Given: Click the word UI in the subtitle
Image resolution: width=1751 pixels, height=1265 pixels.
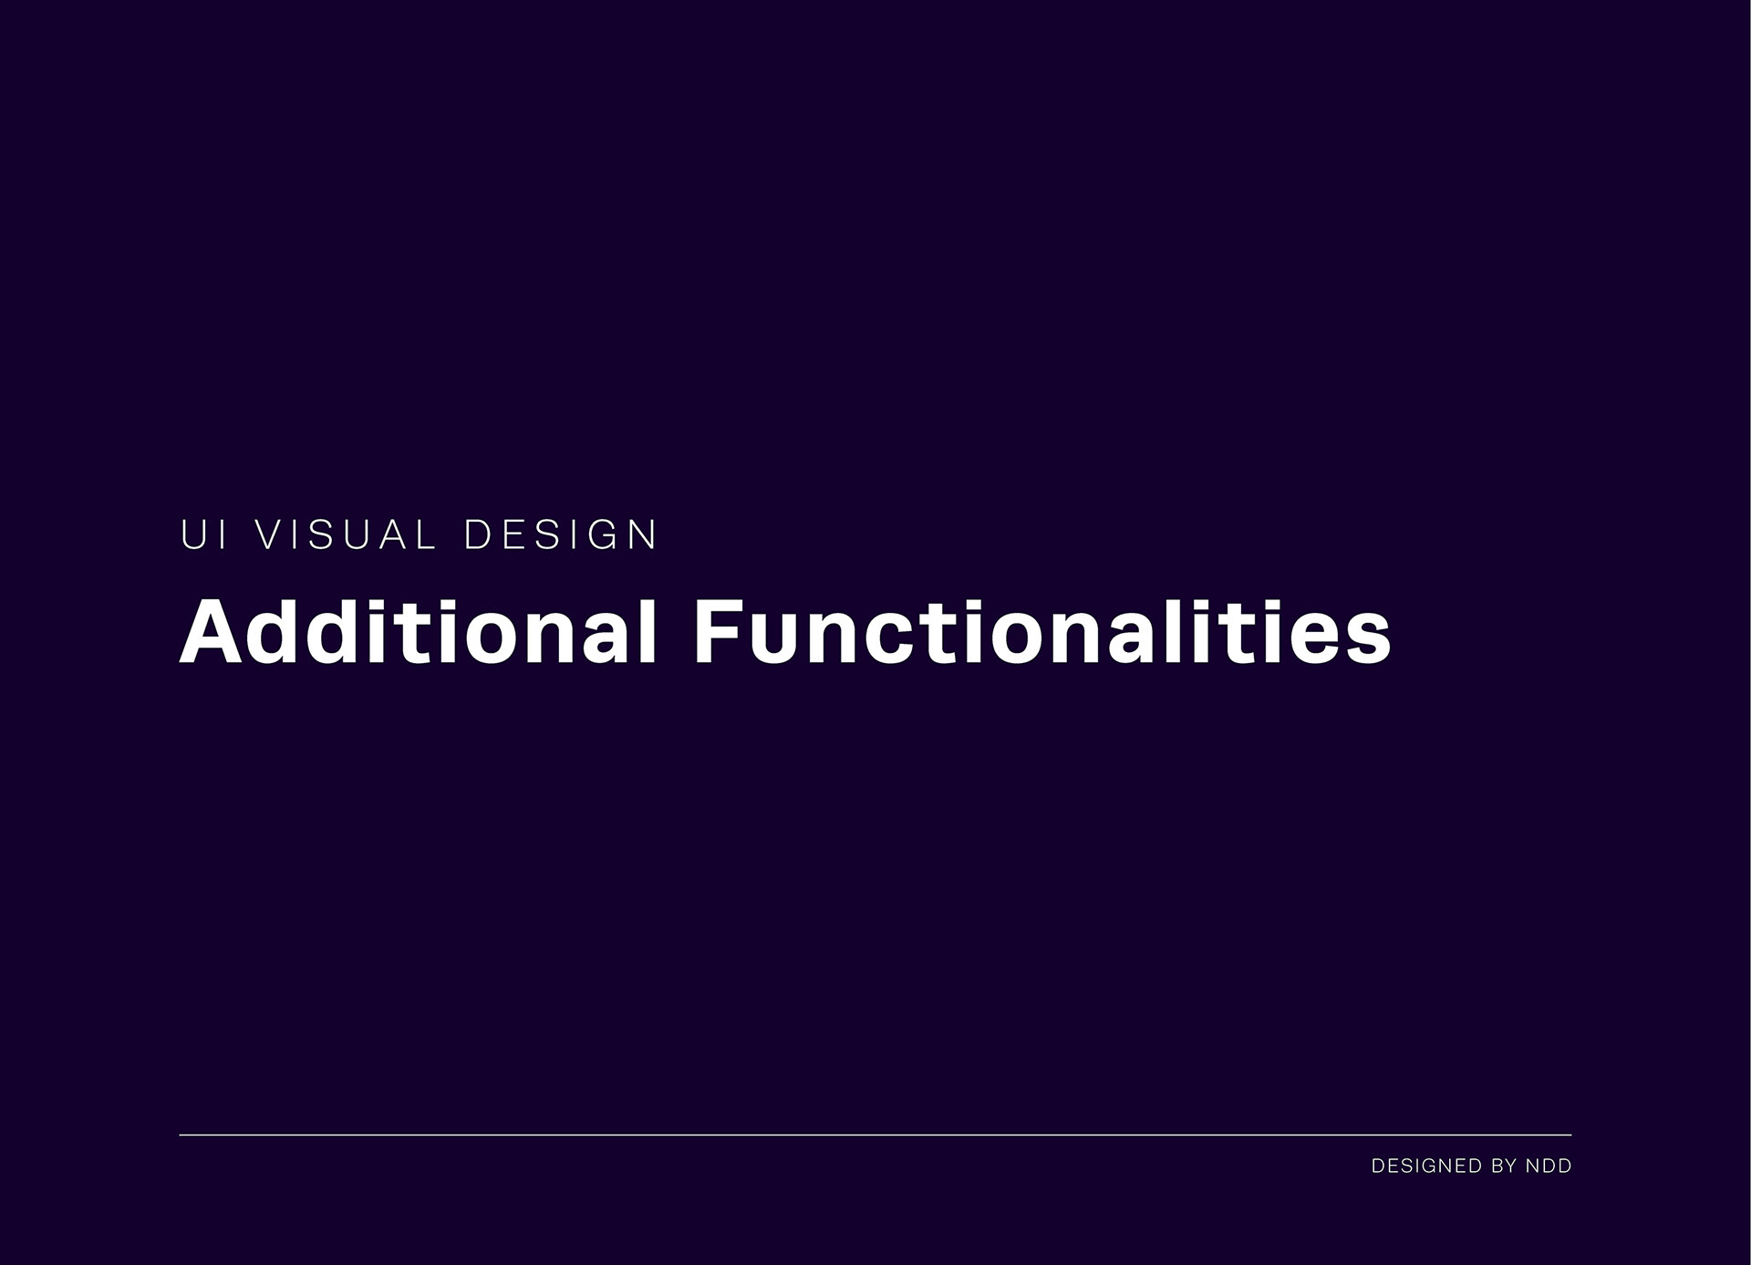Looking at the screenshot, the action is pyautogui.click(x=203, y=534).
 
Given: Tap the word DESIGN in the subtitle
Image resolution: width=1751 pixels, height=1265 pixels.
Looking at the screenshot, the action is pyautogui.click(x=561, y=534).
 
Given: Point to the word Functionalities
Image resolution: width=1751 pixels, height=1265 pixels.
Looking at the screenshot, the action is pyautogui.click(x=1042, y=631).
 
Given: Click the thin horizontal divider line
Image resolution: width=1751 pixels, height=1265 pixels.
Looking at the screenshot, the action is pyautogui.click(x=875, y=1135).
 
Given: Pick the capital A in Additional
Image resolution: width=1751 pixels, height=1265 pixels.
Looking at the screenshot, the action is pyautogui.click(x=212, y=632).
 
